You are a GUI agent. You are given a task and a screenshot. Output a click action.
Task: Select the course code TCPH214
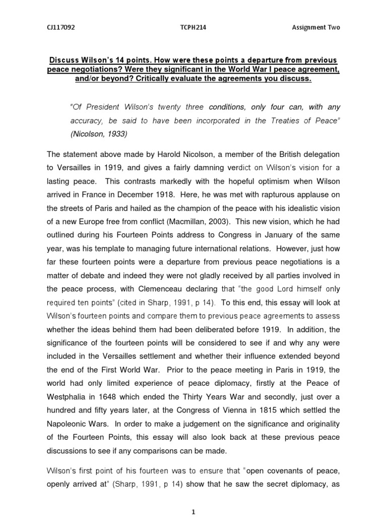coord(193,27)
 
